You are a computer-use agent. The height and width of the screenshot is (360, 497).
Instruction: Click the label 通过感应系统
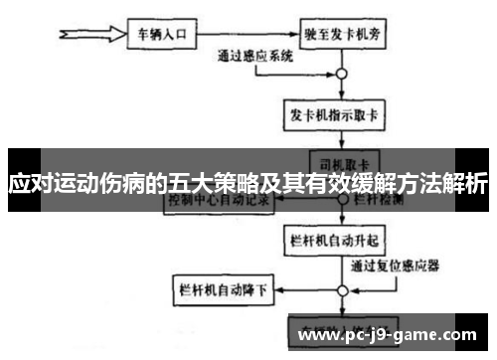(x=255, y=58)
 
